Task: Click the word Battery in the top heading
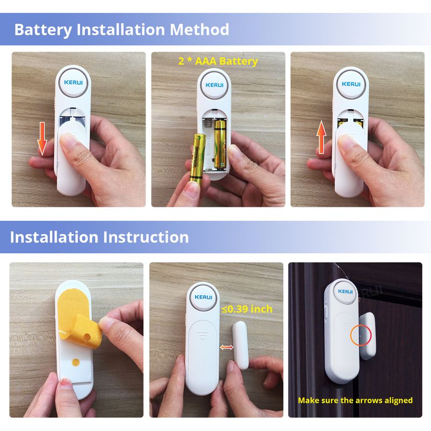click(x=43, y=30)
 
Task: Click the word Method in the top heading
click(x=199, y=29)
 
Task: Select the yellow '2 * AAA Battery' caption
click(x=218, y=61)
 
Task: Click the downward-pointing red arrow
click(x=42, y=139)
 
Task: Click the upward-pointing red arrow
click(x=321, y=137)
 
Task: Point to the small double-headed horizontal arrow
click(x=226, y=347)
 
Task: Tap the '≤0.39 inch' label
click(x=247, y=309)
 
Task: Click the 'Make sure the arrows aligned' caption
click(x=355, y=400)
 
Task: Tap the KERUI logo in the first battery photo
click(x=73, y=82)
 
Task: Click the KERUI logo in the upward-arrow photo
click(x=351, y=84)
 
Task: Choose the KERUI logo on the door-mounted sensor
click(x=345, y=291)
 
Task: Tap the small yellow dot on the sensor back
click(x=75, y=362)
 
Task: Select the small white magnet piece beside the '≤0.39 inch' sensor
click(x=240, y=345)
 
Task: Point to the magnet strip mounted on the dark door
click(x=367, y=336)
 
